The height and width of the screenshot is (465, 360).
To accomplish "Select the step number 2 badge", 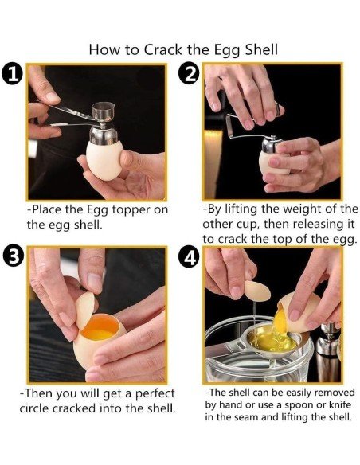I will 190,75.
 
